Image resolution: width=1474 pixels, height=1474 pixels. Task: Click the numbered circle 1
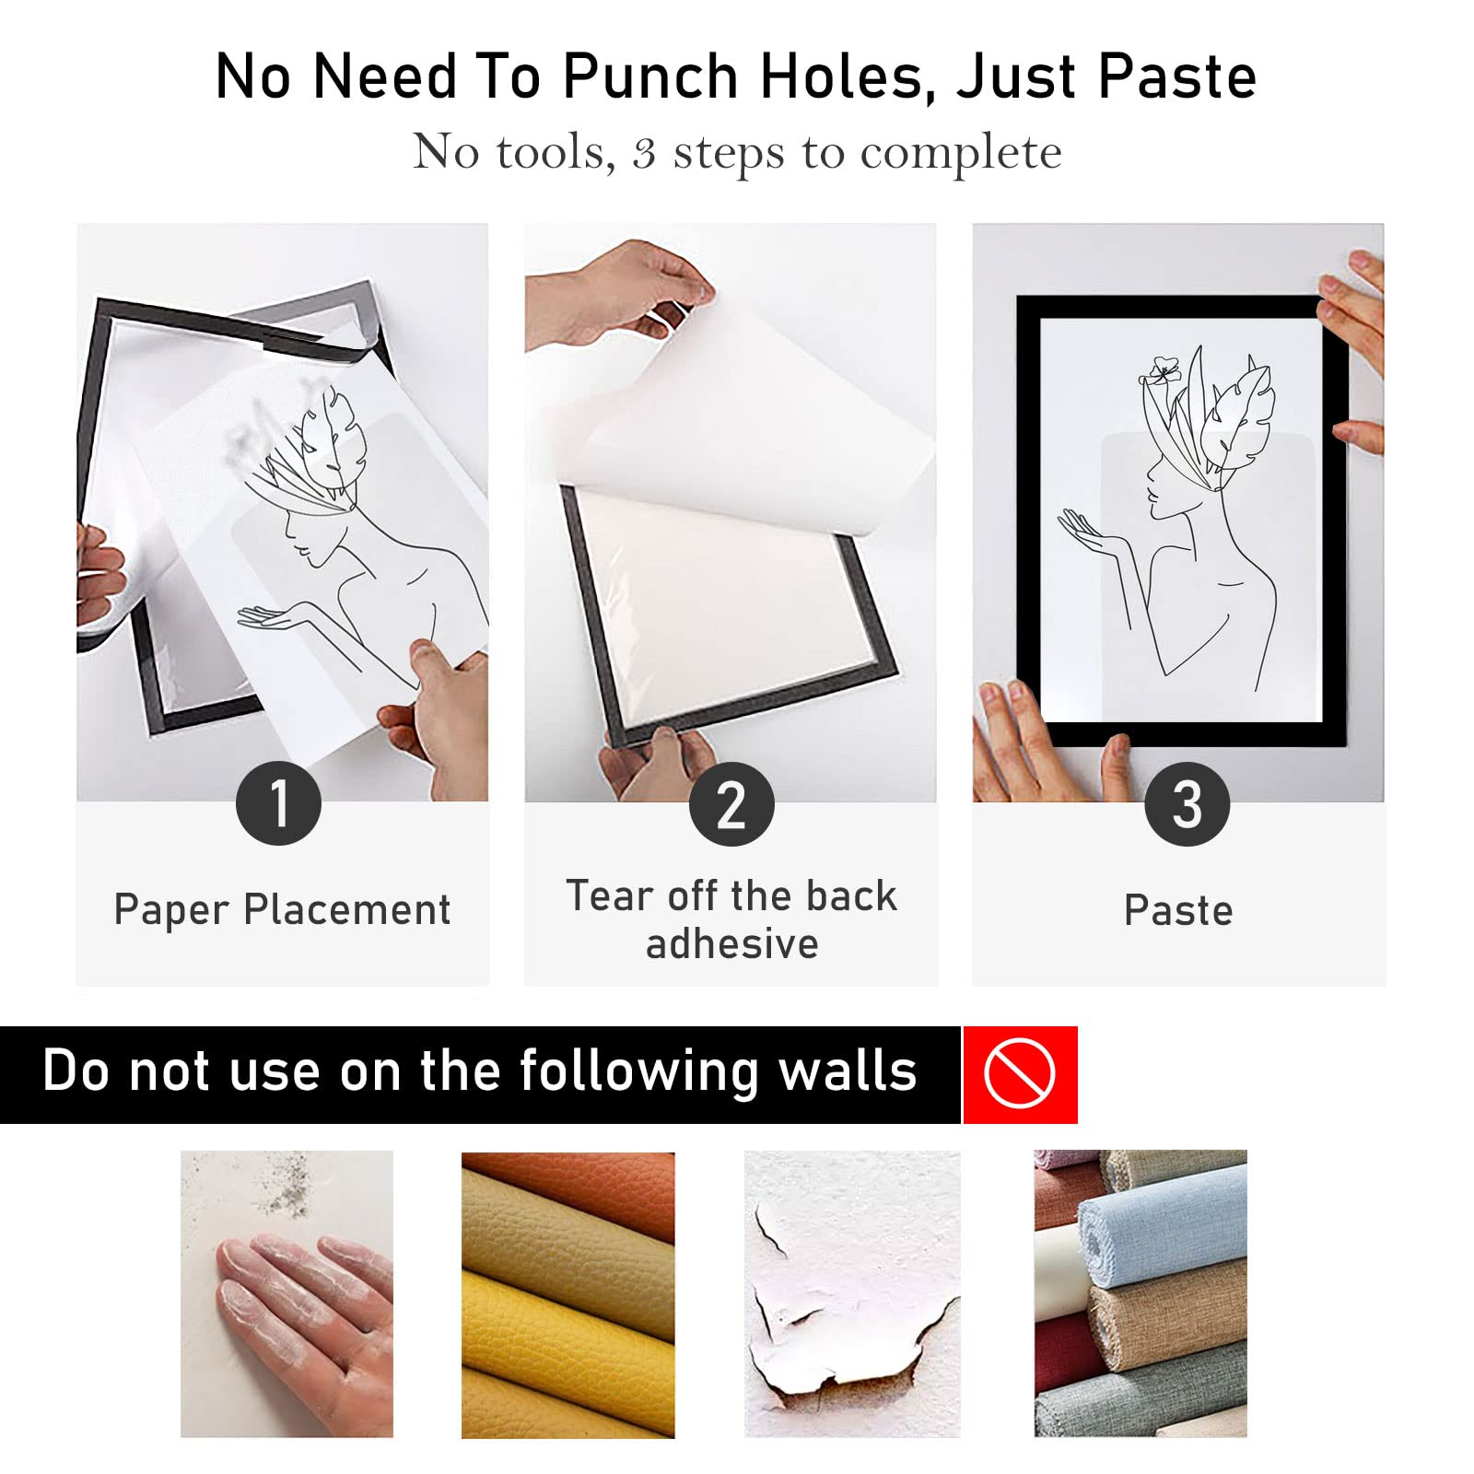click(x=278, y=803)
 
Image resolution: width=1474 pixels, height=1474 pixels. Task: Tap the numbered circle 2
click(x=731, y=803)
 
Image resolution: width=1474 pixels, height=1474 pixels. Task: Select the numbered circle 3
click(x=1187, y=803)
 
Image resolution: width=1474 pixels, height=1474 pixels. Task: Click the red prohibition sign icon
click(x=1020, y=1074)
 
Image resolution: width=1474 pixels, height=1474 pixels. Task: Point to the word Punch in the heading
click(x=650, y=76)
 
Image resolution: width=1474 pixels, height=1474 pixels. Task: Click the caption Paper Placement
click(x=282, y=910)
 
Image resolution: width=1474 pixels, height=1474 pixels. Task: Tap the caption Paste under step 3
click(x=1178, y=910)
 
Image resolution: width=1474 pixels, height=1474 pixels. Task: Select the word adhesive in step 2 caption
click(x=732, y=944)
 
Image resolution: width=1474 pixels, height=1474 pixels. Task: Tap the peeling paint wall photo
click(x=852, y=1293)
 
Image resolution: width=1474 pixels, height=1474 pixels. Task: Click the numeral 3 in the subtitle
click(x=644, y=153)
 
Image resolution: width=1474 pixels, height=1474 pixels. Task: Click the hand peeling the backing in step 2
click(x=617, y=290)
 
